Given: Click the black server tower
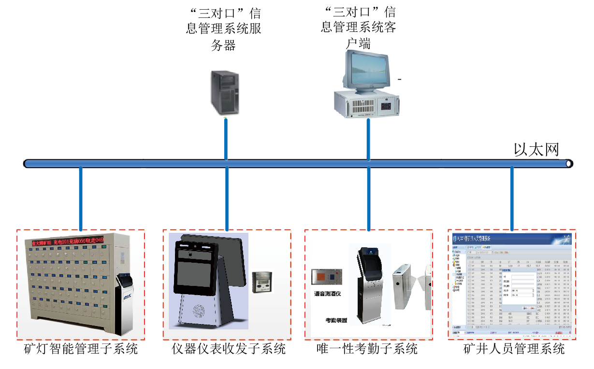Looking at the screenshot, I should click(225, 93).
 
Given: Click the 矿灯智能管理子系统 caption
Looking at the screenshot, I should click(81, 349).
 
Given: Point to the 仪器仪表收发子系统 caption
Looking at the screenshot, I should click(229, 349).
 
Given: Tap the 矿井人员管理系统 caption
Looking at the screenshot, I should click(514, 349).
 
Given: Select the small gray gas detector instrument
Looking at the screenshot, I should click(261, 282).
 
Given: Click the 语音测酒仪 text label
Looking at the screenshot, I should click(328, 293).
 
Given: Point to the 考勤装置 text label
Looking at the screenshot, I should click(336, 320).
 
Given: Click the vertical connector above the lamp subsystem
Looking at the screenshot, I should click(81, 198).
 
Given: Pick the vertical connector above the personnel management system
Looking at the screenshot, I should click(512, 198).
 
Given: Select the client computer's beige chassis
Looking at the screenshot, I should click(367, 104).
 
